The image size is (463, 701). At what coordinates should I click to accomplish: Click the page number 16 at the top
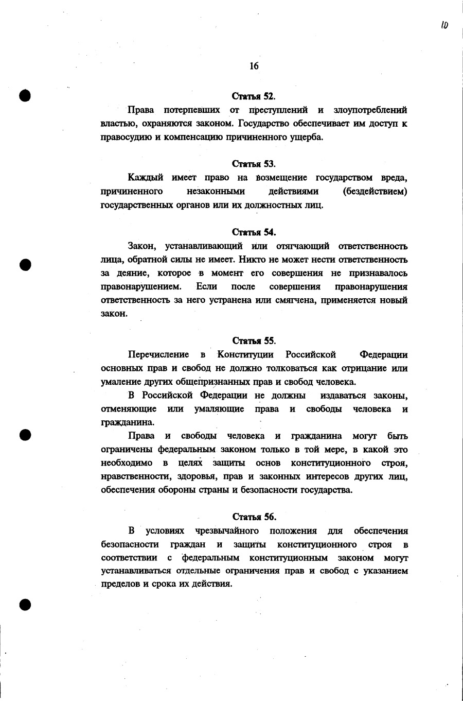[x=254, y=66]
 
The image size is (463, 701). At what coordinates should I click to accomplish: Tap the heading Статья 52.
[x=254, y=96]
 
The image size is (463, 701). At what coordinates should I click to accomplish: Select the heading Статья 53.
[x=254, y=164]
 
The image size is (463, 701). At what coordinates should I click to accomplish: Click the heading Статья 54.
[x=254, y=232]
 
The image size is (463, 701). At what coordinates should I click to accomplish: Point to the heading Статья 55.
[x=254, y=341]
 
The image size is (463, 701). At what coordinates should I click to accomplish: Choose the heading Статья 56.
[x=254, y=517]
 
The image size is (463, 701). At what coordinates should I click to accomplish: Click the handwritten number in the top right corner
[x=444, y=24]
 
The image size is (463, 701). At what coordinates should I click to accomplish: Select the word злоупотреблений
[x=370, y=110]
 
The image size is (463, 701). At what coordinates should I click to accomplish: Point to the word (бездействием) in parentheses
[x=375, y=192]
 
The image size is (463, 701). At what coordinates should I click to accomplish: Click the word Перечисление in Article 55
[x=158, y=355]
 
